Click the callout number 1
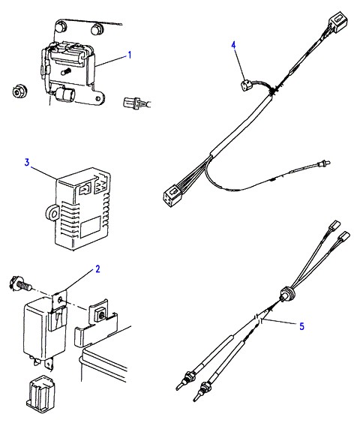click(x=130, y=55)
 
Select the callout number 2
click(x=97, y=268)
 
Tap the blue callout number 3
click(x=27, y=162)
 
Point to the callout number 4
click(x=234, y=45)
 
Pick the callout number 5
click(x=302, y=326)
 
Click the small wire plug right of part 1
click(x=132, y=102)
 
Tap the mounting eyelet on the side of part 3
click(x=52, y=211)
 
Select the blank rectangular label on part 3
click(x=90, y=227)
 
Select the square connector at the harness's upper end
click(x=337, y=21)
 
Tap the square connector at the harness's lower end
click(x=172, y=195)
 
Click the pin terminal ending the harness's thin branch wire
click(x=324, y=163)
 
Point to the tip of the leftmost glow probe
click(x=178, y=388)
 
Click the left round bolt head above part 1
click(x=61, y=27)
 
